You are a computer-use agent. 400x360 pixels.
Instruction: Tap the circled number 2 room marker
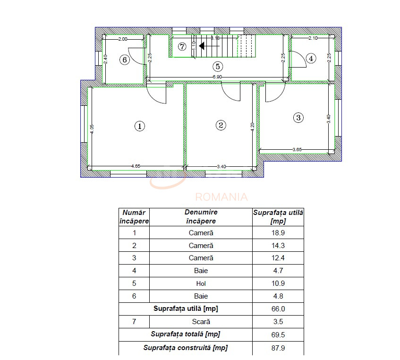(221, 125)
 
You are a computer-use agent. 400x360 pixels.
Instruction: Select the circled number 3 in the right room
(298, 118)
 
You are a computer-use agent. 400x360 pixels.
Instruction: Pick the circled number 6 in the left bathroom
(124, 60)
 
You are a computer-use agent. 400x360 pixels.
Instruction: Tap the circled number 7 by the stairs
(182, 46)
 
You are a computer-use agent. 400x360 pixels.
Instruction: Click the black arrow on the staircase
(201, 46)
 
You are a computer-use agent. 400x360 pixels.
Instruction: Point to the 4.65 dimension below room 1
(136, 166)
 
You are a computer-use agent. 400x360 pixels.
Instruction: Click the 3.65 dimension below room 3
(297, 150)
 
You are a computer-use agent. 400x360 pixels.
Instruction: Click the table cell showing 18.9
(278, 233)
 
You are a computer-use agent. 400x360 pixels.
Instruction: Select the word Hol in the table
(201, 284)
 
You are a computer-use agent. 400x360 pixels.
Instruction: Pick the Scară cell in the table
(201, 322)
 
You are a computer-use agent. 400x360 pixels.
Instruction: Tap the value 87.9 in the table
(278, 348)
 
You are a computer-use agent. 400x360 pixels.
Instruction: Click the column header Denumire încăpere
(201, 217)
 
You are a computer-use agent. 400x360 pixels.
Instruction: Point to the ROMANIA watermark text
(221, 197)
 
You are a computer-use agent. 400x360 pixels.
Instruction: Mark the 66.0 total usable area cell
(278, 309)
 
